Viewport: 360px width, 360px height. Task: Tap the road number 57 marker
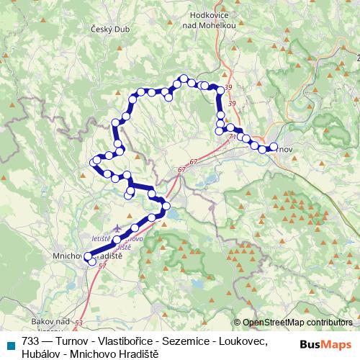102,266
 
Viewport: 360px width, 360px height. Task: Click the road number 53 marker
78,323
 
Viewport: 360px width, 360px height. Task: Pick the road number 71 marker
231,135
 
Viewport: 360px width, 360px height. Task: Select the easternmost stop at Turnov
273,148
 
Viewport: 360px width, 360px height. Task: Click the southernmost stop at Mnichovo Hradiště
91,262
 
